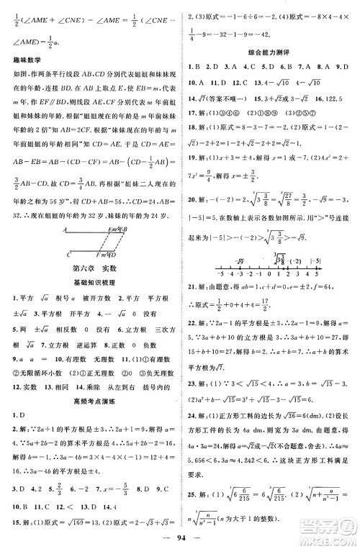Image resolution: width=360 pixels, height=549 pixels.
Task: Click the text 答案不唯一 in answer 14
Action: point(230,99)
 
